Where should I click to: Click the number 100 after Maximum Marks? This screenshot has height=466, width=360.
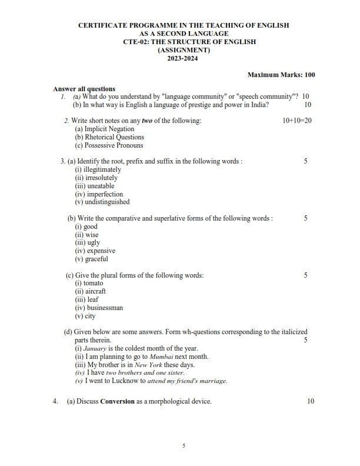point(309,75)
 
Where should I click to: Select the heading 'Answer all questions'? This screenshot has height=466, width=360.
point(84,88)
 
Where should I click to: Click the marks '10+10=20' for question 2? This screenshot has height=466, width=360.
point(297,121)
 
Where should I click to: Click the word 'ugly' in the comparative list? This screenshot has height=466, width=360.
point(92,242)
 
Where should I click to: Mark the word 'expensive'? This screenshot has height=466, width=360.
point(101,251)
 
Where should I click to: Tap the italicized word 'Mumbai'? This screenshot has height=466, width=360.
point(163,357)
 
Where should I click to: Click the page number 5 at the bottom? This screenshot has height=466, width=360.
point(184,446)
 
